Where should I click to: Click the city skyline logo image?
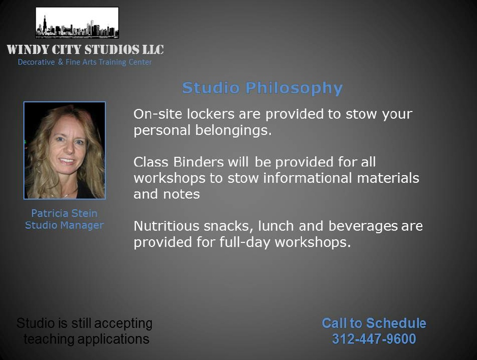pyautogui.click(x=77, y=23)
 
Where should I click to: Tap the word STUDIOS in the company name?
pyautogui.click(x=111, y=49)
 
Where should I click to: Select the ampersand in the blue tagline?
pyautogui.click(x=61, y=62)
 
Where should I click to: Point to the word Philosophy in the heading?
pyautogui.click(x=294, y=88)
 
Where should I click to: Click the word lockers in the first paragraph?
pyautogui.click(x=211, y=114)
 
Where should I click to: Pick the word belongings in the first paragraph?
pyautogui.click(x=233, y=130)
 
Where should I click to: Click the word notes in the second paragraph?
pyautogui.click(x=181, y=195)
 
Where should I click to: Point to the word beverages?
pyautogui.click(x=363, y=227)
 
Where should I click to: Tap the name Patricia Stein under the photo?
pyautogui.click(x=64, y=213)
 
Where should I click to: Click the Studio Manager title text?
pyautogui.click(x=64, y=225)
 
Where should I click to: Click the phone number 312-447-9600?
pyautogui.click(x=374, y=339)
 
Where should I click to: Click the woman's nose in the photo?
pyautogui.click(x=68, y=148)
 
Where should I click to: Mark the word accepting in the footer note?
pyautogui.click(x=124, y=324)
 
